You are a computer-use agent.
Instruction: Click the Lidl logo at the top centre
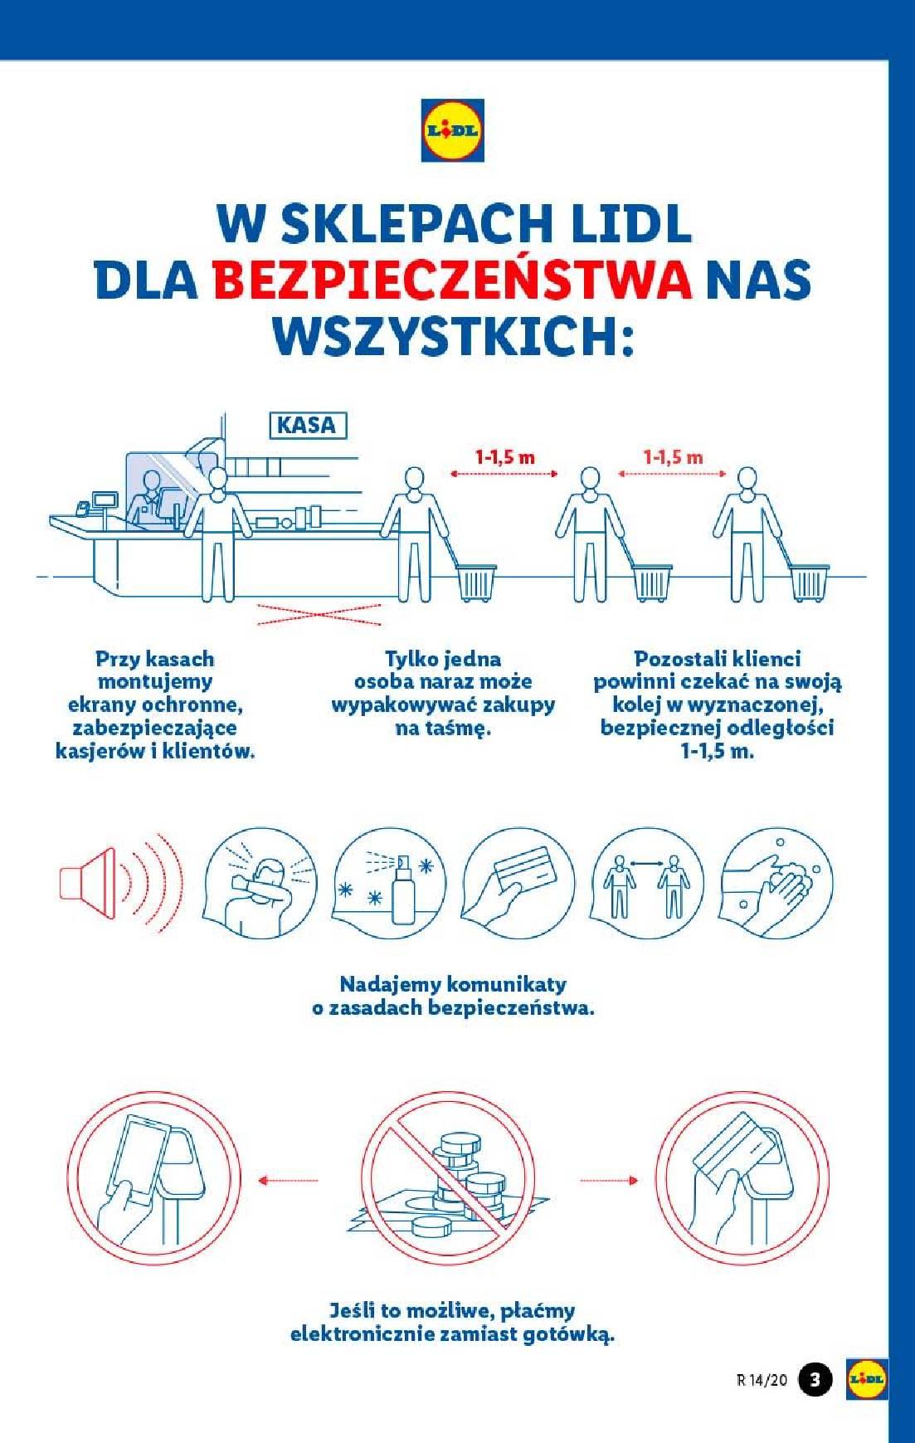pos(452,130)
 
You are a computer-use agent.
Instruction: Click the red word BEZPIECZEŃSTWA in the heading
pos(452,280)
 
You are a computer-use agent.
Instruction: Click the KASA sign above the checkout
pos(307,426)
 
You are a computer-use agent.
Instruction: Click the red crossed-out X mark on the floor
pos(319,614)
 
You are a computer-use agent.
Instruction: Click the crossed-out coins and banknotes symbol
pos(448,1178)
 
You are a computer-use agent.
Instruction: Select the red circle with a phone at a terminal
pos(153,1178)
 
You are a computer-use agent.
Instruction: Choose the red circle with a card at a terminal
pos(745,1178)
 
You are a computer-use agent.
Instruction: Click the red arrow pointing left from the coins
pos(288,1179)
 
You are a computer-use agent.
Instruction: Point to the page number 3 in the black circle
pos(815,1379)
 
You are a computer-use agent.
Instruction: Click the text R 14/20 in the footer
pos(761,1380)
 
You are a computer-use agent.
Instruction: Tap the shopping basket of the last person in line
pos(809,583)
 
